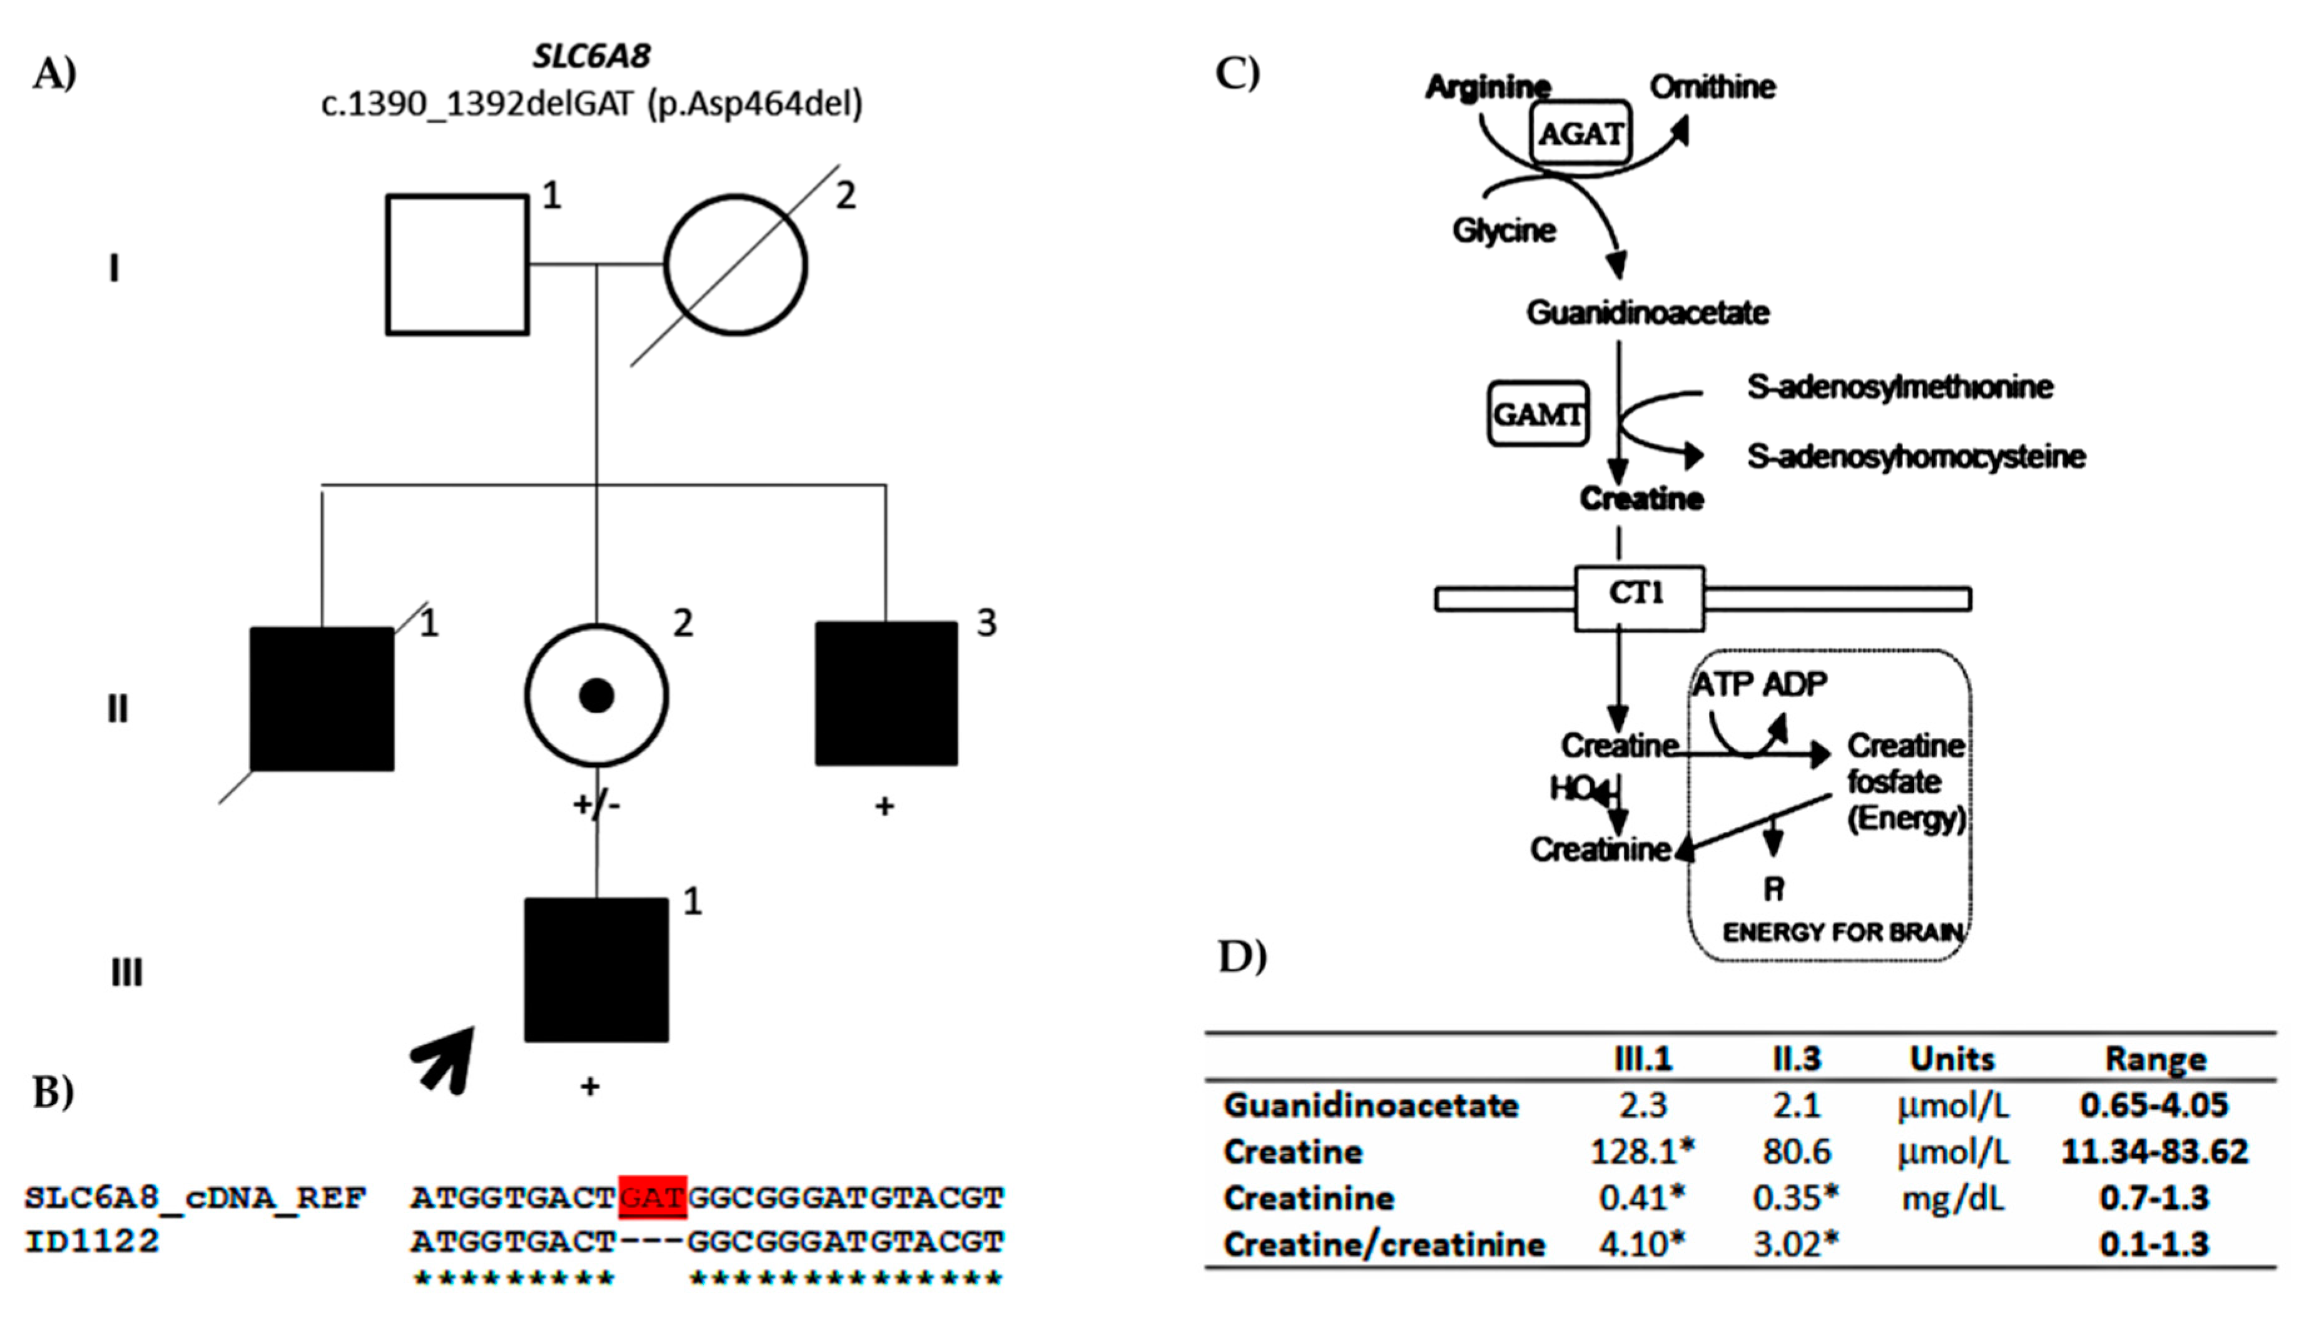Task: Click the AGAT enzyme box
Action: point(1580,133)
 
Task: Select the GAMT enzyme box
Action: point(1538,414)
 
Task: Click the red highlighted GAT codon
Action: point(652,1197)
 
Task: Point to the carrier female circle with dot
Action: point(597,696)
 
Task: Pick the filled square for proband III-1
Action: point(597,970)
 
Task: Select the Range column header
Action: point(2155,1059)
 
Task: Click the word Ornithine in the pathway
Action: point(1712,88)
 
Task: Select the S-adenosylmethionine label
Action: point(1899,387)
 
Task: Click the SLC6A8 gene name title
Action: point(592,56)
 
